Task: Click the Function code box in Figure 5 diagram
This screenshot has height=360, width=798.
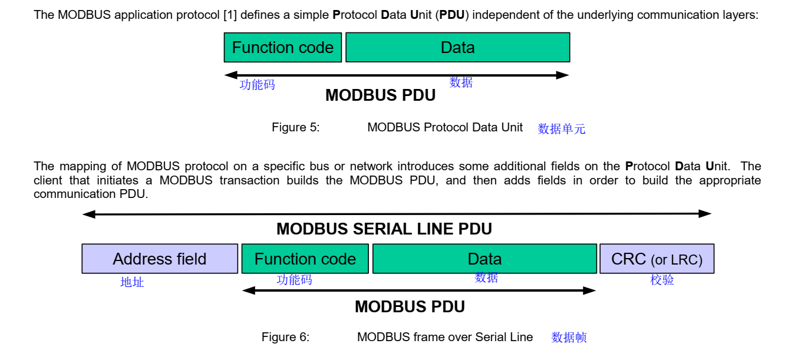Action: tap(283, 48)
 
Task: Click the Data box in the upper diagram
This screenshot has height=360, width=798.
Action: tap(457, 48)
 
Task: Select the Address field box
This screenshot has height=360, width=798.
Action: tap(160, 259)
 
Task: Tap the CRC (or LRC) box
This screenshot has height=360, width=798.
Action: tap(657, 259)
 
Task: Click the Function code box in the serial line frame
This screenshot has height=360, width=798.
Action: tap(305, 259)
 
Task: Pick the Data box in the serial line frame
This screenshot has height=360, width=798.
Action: tap(484, 259)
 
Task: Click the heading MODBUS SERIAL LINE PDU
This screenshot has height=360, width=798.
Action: tap(384, 229)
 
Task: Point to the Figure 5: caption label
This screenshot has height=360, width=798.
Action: tap(295, 127)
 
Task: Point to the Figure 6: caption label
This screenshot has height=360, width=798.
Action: tap(285, 337)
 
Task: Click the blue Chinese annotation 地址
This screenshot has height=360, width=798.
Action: tap(132, 282)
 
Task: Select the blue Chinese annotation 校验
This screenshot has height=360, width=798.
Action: tap(662, 280)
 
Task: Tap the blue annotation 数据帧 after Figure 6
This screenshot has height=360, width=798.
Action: tap(569, 338)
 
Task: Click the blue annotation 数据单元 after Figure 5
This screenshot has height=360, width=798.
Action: tap(561, 129)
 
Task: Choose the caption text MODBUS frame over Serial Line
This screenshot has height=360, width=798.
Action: tap(444, 337)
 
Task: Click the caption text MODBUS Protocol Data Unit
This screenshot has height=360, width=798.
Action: tap(444, 127)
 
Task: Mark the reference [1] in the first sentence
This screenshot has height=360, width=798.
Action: tap(230, 15)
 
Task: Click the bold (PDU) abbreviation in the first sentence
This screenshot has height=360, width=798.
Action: tap(451, 15)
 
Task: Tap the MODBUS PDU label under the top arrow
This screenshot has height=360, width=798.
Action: tap(380, 95)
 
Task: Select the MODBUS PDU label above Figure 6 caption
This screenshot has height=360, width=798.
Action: tap(410, 307)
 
